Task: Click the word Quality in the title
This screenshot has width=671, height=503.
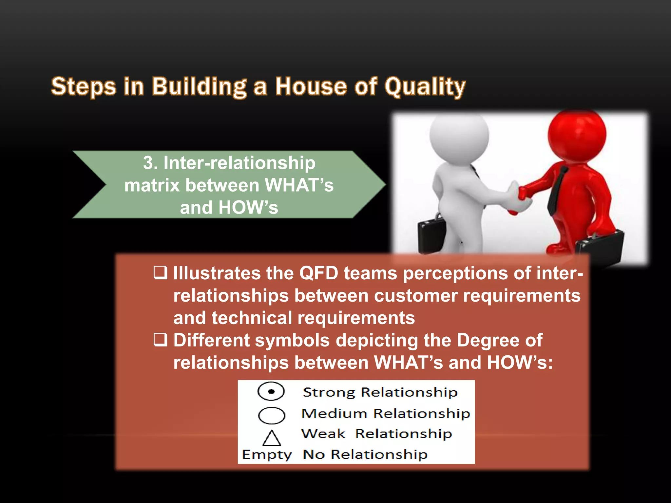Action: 425,87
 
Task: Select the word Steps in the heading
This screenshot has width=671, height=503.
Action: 84,87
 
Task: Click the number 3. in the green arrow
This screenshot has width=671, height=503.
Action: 150,163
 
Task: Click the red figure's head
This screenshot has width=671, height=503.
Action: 577,134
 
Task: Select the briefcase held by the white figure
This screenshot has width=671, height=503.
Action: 431,234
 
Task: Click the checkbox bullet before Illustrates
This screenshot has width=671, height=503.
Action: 161,272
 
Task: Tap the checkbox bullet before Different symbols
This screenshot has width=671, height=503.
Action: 161,340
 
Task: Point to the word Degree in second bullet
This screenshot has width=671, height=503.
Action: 488,340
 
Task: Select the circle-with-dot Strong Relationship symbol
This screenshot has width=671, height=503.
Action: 271,391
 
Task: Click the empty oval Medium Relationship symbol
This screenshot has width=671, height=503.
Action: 272,415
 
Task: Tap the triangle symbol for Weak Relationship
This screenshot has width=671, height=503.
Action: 272,438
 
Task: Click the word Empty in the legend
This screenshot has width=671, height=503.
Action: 267,455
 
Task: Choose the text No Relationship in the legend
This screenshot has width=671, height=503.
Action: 365,455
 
